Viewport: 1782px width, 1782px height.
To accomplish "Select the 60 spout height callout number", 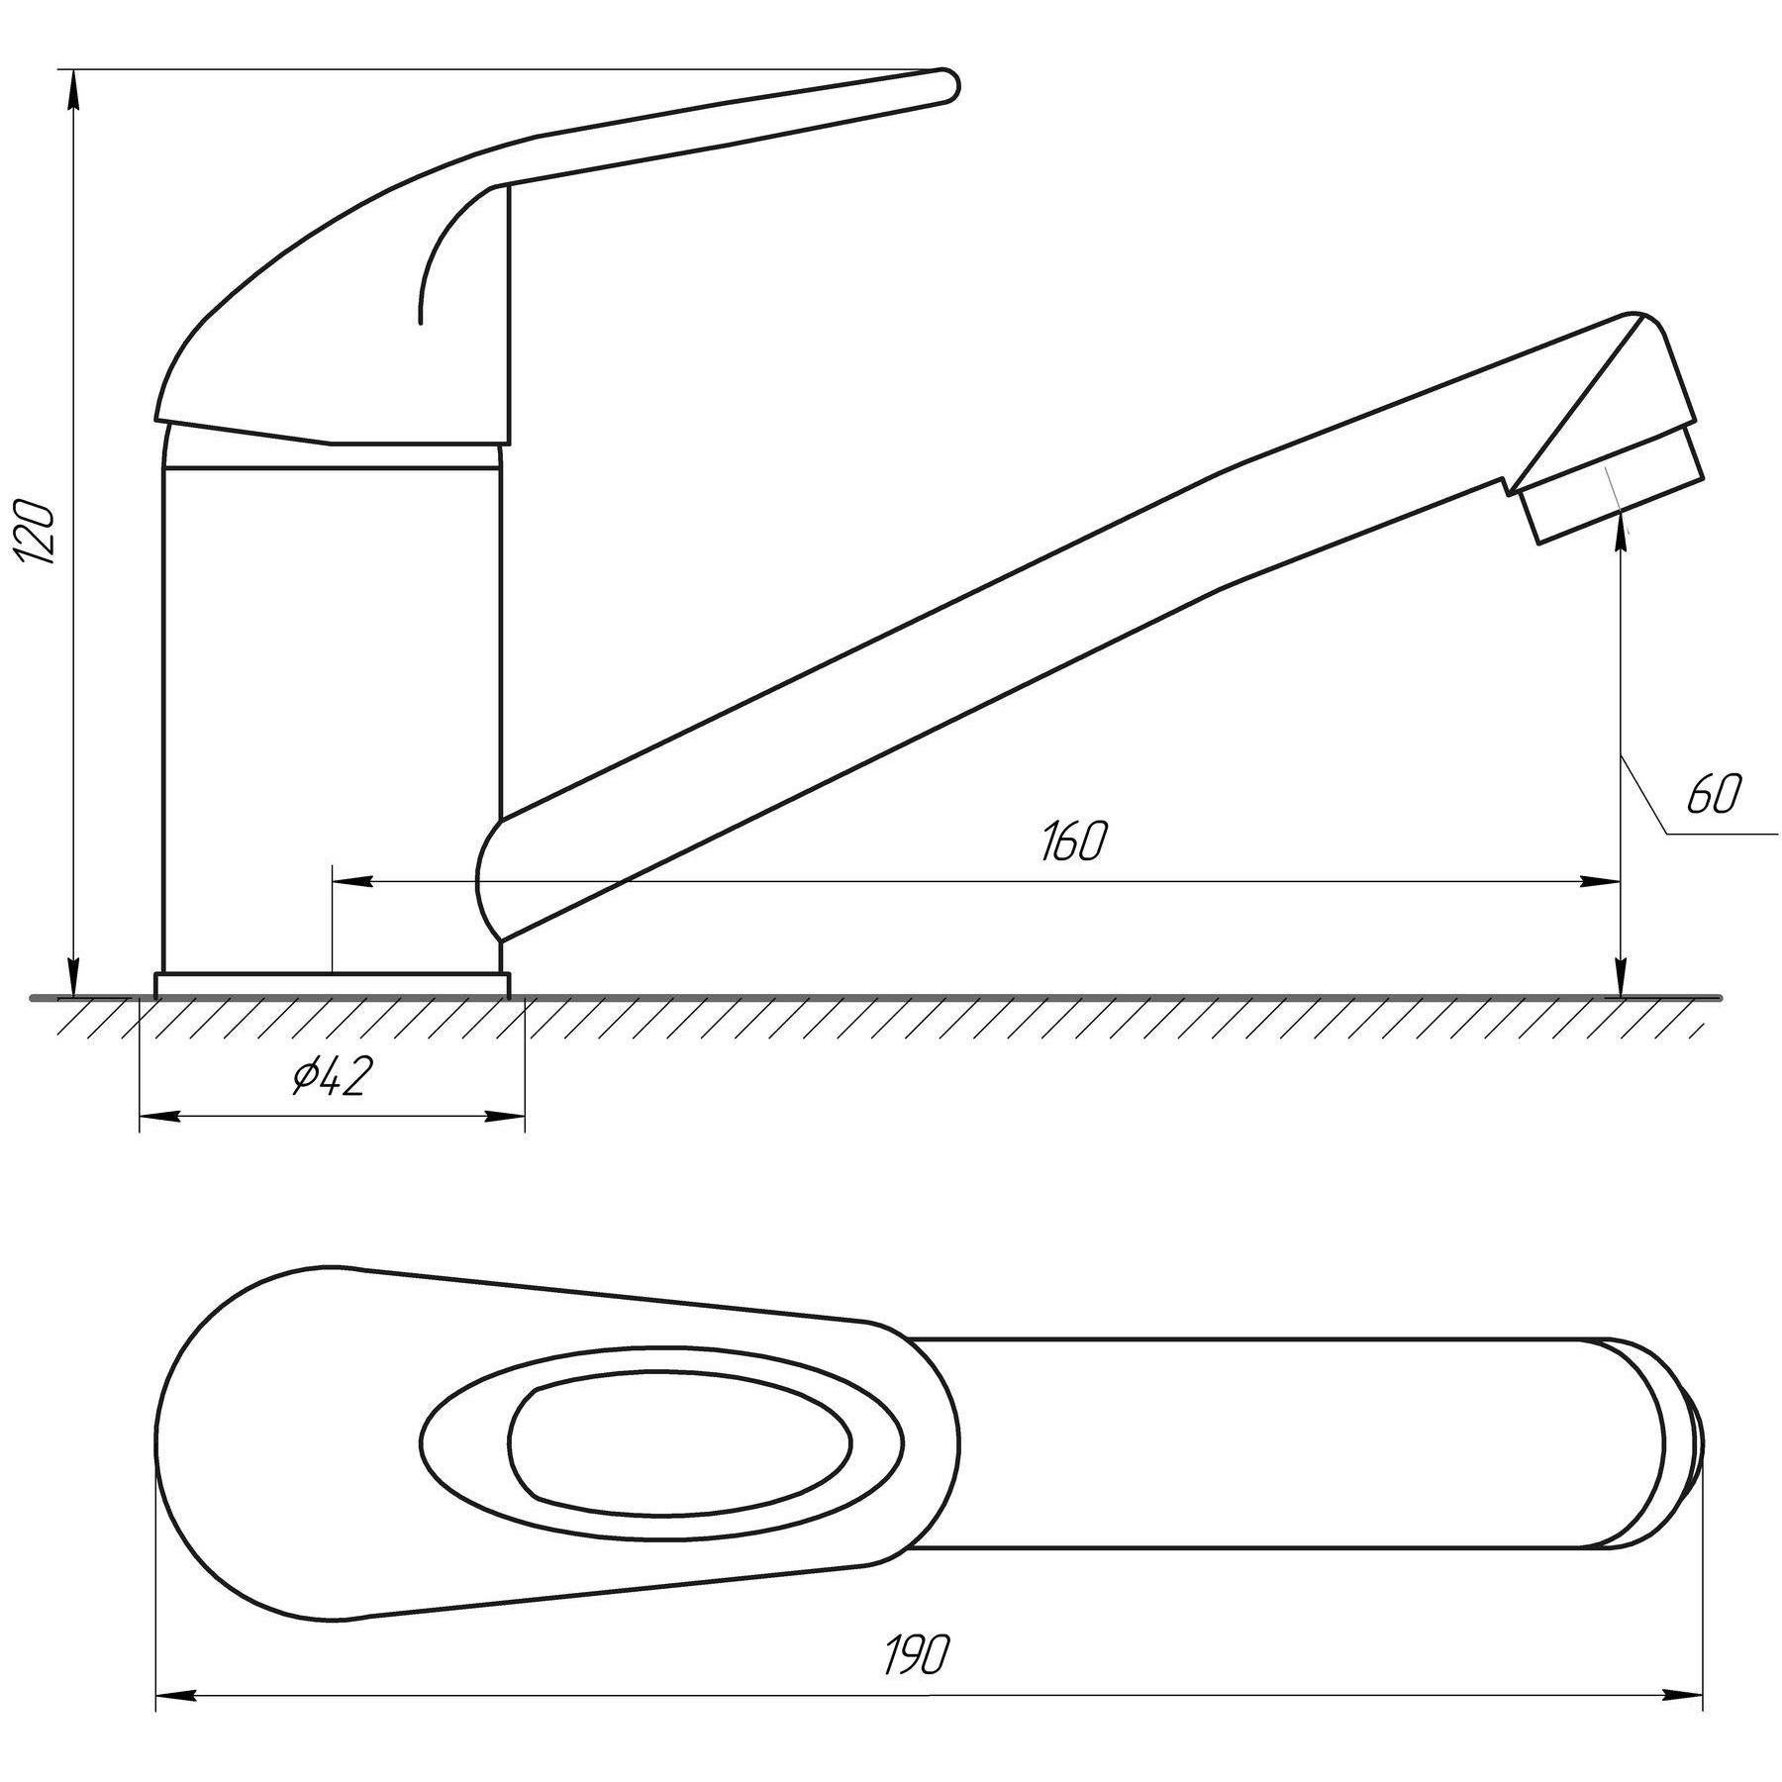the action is (1712, 796).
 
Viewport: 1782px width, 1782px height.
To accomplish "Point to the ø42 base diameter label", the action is (330, 1077).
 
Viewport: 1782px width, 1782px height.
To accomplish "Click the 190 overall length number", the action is (917, 1654).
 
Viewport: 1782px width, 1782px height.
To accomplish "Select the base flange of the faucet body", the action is (332, 985).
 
